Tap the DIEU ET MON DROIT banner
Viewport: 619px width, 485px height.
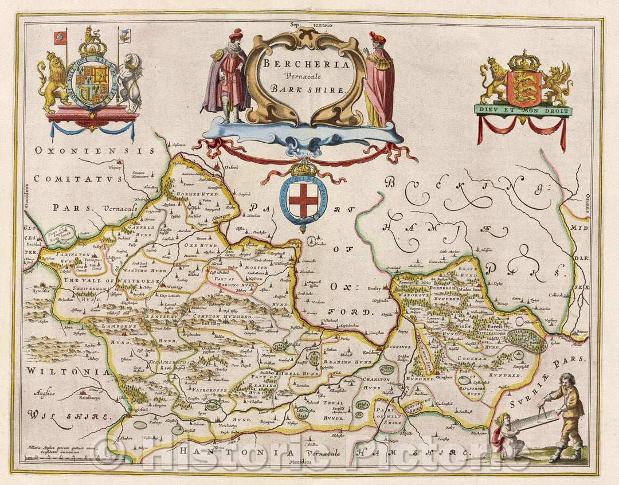pyautogui.click(x=522, y=110)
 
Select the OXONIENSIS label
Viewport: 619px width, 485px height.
pyautogui.click(x=94, y=151)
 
